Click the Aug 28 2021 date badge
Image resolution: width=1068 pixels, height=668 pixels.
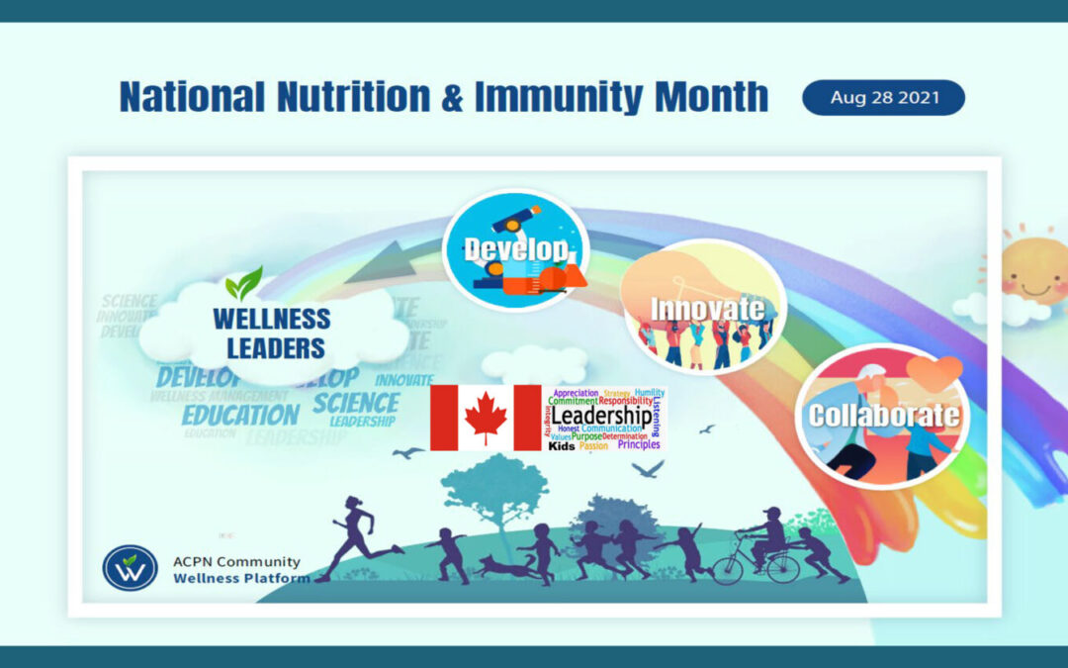(x=883, y=98)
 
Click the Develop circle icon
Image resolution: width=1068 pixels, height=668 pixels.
(x=515, y=250)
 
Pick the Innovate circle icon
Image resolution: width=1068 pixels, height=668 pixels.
(x=704, y=307)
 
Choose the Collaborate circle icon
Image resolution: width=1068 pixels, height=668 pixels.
(x=883, y=415)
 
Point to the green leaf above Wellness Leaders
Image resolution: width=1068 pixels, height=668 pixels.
(x=243, y=284)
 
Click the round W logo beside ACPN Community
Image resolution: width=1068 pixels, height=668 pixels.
(x=130, y=568)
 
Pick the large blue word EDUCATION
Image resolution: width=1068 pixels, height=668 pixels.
(x=239, y=414)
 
